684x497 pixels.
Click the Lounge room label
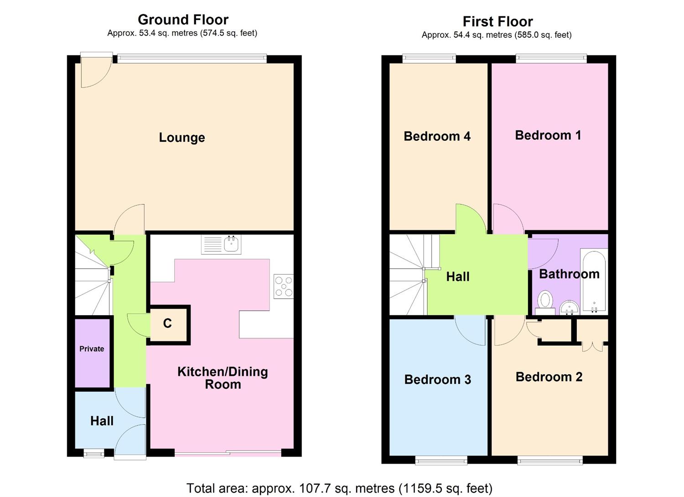[182, 138]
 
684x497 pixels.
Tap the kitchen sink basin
[232, 244]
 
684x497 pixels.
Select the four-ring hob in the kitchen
[284, 287]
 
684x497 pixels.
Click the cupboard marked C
[168, 325]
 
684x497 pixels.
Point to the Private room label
[92, 349]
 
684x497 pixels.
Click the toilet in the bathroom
[545, 302]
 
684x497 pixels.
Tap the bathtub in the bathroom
[594, 281]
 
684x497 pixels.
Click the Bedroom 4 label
[437, 136]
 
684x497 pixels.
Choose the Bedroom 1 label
[548, 135]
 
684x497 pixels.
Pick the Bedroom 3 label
[438, 379]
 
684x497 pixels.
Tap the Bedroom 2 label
[549, 377]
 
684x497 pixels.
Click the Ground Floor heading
[183, 20]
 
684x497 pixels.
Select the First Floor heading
[498, 22]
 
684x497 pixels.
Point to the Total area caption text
[339, 488]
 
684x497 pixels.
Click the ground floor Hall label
[102, 421]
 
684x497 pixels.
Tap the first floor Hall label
[458, 277]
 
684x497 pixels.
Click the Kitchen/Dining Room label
[223, 378]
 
